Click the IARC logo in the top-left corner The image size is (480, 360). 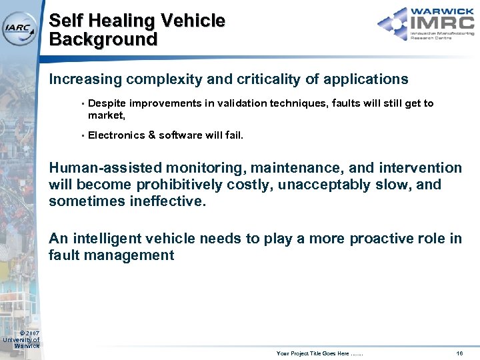19,27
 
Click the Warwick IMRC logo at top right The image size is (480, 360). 425,24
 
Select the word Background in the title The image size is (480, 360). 103,39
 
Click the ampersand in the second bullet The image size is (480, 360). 152,135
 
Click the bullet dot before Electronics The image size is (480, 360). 81,135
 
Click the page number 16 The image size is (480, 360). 459,352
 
